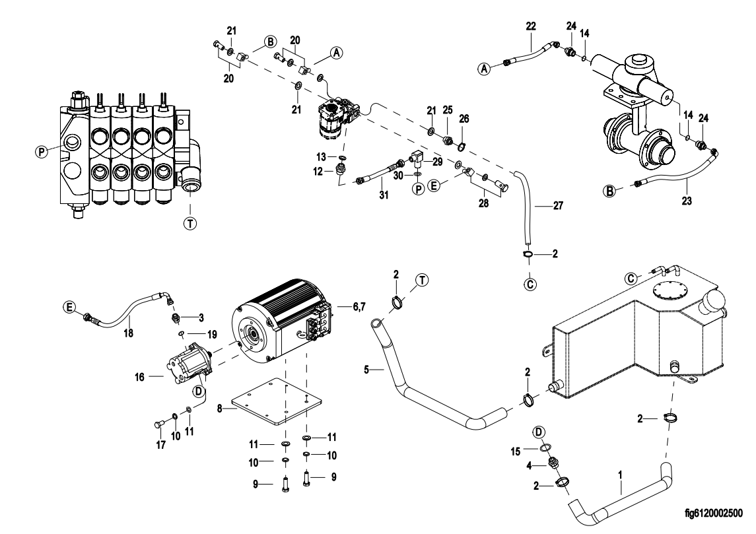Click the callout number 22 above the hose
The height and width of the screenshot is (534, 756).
(x=532, y=26)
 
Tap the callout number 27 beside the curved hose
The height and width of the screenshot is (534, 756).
(x=558, y=207)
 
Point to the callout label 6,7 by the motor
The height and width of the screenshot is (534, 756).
(x=359, y=307)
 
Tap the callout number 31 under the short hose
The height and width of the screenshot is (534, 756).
(x=382, y=195)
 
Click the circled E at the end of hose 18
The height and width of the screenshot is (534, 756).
(x=69, y=306)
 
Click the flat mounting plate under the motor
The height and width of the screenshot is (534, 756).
(x=276, y=406)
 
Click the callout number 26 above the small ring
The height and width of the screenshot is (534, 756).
(x=464, y=118)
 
